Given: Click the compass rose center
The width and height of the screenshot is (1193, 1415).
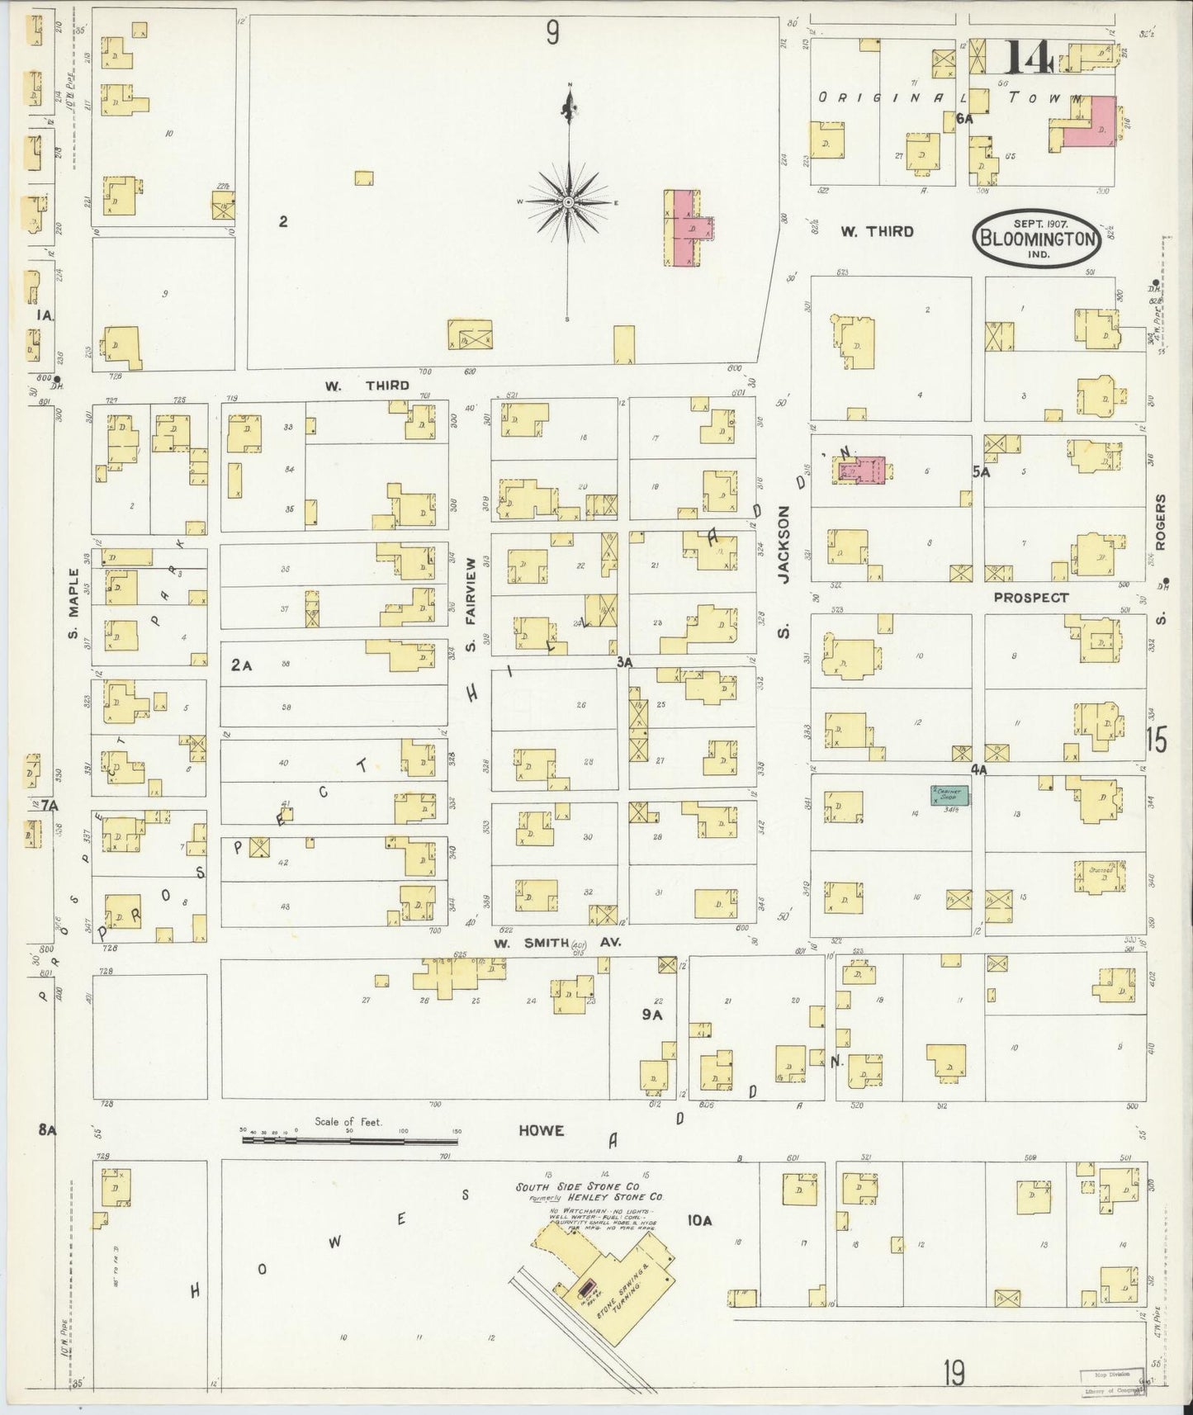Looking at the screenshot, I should [569, 201].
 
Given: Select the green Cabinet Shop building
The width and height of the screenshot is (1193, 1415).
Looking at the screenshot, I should [950, 796].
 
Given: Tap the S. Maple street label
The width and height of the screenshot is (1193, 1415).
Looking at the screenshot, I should [73, 604].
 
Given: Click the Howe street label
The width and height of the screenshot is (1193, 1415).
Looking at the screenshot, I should [541, 1130].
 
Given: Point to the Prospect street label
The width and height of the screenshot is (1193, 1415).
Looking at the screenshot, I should [1030, 597].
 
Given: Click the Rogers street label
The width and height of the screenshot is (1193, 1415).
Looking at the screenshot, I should [1160, 522].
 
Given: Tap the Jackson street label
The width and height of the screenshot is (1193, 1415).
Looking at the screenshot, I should [784, 545].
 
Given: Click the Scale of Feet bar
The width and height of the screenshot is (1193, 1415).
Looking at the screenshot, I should [350, 1140].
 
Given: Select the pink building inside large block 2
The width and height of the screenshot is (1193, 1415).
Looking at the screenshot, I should [684, 228].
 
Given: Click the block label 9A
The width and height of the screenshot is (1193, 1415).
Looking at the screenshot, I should [653, 1015].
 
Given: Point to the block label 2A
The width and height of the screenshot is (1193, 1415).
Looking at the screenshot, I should [241, 664].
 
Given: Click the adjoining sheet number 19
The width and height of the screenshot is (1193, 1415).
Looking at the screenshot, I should [954, 1375].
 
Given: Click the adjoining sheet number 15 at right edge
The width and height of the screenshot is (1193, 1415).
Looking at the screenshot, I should [1157, 741].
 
